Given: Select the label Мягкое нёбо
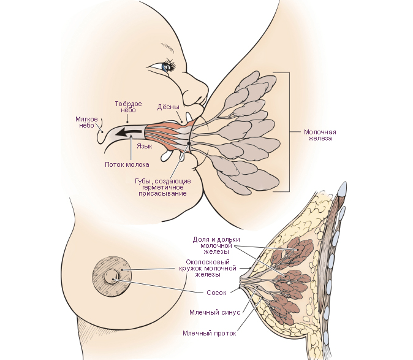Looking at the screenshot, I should point(86,121).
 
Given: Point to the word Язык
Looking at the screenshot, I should point(144,147).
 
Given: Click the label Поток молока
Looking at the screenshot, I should point(127,164).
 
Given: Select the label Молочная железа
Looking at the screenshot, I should point(320,135).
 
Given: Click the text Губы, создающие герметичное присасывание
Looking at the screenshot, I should point(162,187).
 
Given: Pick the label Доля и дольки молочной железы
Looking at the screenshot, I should point(216,245).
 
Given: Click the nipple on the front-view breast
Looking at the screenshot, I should point(112,277).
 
